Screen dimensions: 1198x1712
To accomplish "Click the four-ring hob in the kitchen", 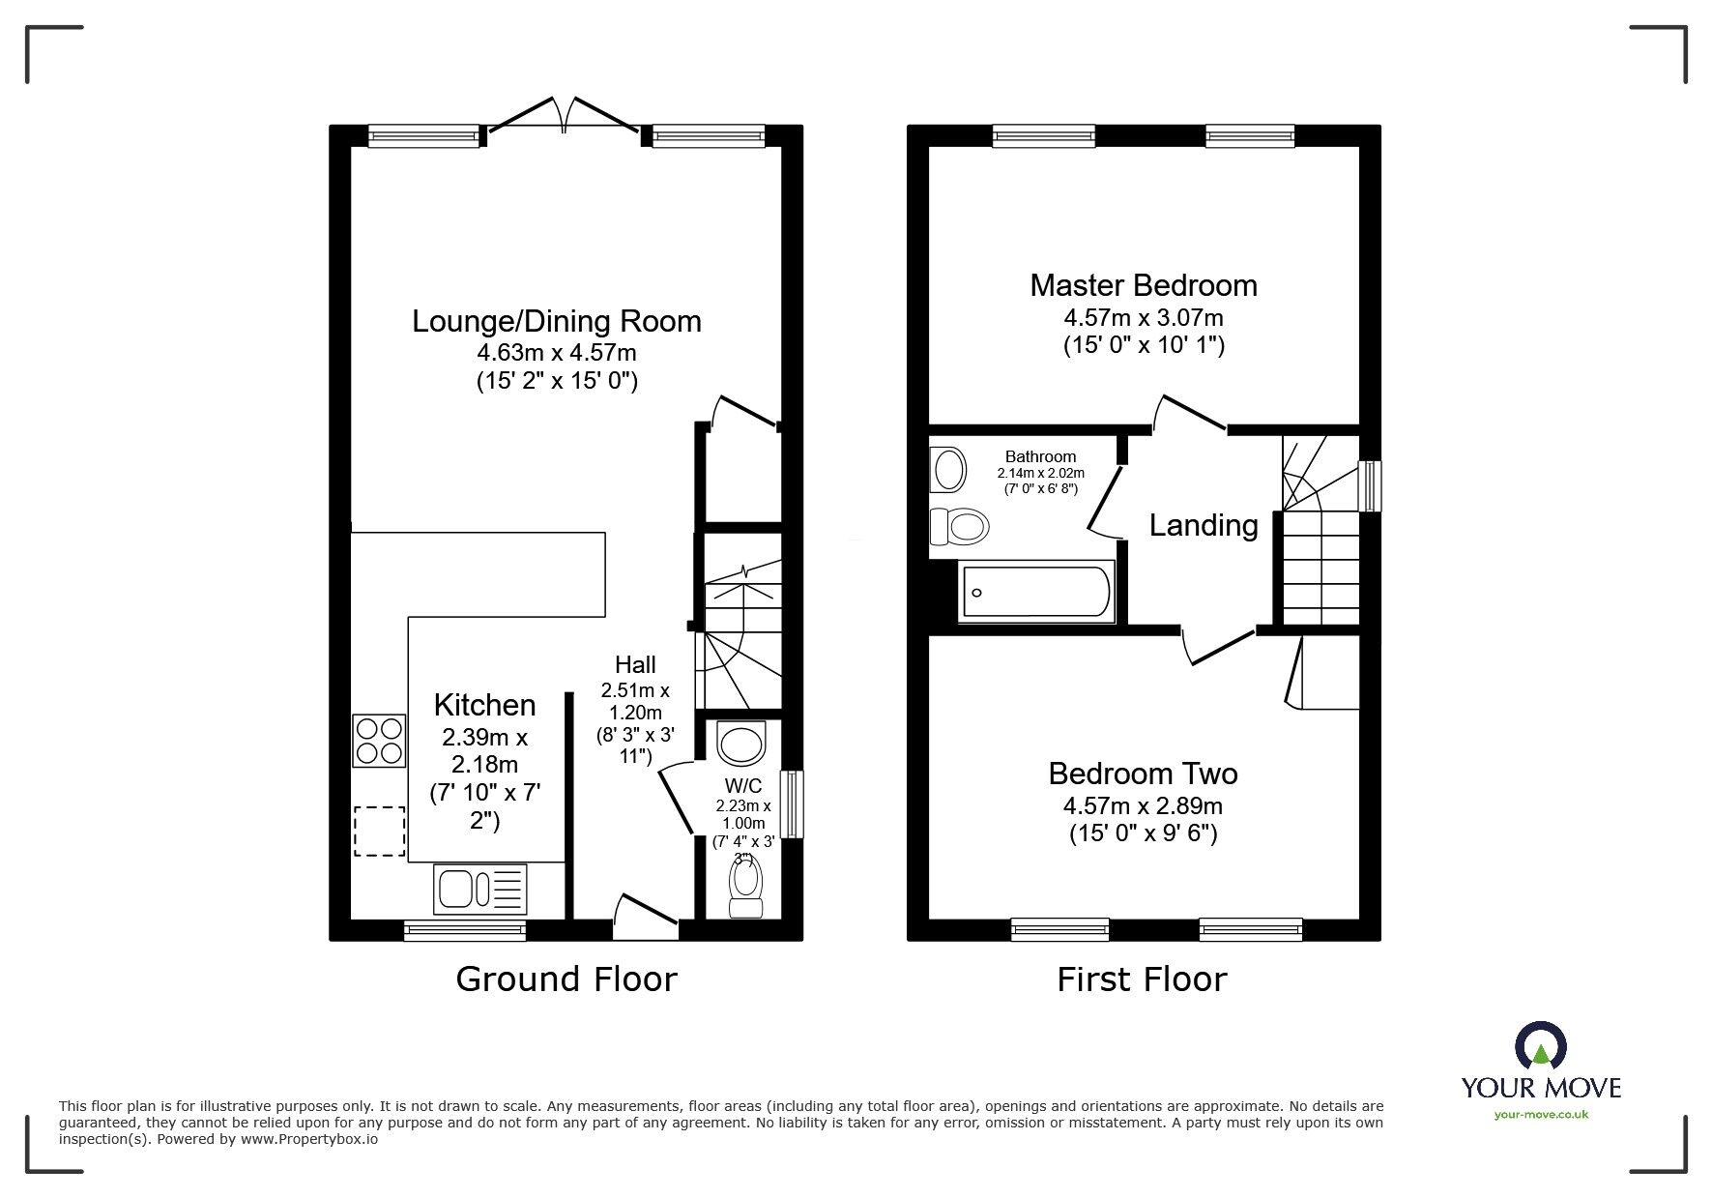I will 379,741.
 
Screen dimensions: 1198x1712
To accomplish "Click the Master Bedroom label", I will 1144,285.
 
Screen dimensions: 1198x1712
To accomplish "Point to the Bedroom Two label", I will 1143,774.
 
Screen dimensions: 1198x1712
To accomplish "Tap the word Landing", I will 1204,525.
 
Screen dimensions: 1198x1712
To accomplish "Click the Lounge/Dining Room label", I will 557,321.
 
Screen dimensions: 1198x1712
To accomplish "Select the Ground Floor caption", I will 566,979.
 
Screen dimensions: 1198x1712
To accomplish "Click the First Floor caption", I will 1142,979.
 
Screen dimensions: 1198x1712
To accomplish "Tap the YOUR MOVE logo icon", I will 1541,1046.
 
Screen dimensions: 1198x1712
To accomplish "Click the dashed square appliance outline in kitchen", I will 379,832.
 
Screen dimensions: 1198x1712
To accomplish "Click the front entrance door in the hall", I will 645,916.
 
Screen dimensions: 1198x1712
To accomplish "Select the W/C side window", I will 793,804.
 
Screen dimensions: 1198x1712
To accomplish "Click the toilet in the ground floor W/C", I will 745,888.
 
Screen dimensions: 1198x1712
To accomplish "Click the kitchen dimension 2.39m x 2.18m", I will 484,751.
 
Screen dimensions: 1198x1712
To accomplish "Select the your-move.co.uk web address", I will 1541,1115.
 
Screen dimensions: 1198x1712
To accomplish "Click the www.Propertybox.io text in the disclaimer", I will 309,1139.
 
